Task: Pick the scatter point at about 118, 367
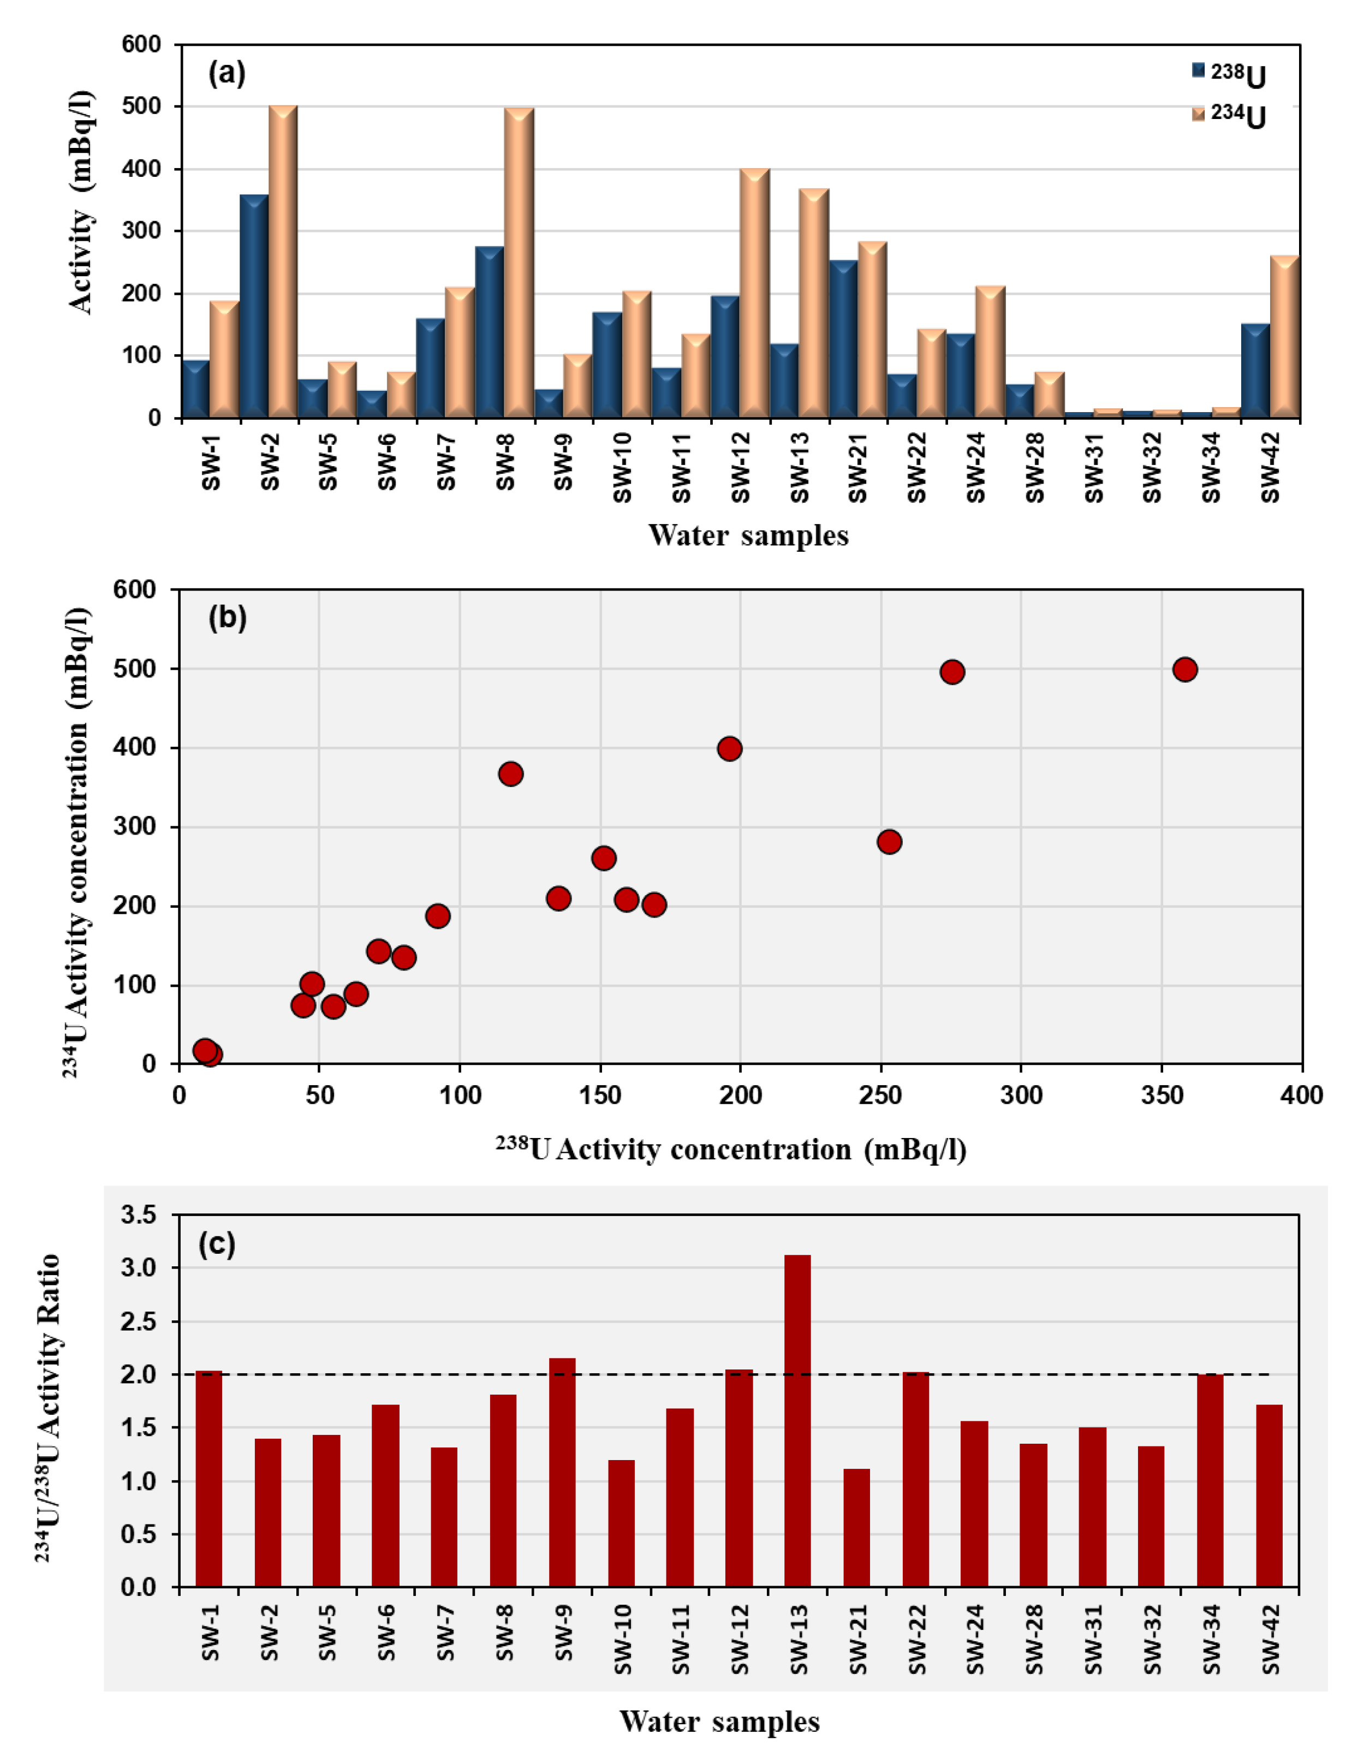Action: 510,773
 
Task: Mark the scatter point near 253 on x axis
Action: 889,841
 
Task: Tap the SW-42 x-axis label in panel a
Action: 1270,467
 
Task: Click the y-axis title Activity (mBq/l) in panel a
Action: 81,202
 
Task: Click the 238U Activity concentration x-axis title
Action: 731,1149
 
